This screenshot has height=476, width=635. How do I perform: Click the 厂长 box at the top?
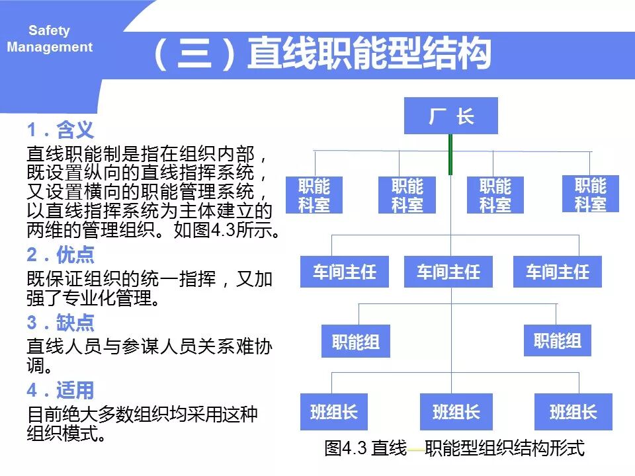[450, 116]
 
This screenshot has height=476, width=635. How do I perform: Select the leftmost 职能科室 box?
[314, 195]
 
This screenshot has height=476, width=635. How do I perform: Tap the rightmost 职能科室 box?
[590, 194]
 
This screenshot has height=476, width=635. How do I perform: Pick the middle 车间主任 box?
[448, 272]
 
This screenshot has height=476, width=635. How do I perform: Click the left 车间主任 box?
[344, 272]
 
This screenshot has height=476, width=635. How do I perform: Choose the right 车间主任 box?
[557, 272]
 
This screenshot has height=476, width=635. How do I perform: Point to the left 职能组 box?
[355, 342]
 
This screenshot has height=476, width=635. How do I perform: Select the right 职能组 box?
[557, 340]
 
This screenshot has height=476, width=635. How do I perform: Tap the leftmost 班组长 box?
[333, 412]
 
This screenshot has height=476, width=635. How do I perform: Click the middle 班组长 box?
[456, 412]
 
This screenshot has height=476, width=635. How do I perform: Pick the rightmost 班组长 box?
[573, 412]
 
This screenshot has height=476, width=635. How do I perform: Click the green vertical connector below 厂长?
[450, 154]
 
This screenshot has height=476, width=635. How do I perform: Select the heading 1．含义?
[60, 129]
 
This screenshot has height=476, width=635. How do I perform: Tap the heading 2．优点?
[60, 255]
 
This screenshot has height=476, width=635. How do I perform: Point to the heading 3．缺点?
[60, 323]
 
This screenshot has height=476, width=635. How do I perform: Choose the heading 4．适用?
[60, 390]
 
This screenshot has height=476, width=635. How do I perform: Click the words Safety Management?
[50, 39]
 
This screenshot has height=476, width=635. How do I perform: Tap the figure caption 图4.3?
[454, 448]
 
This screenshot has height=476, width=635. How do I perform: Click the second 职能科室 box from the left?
[407, 195]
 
